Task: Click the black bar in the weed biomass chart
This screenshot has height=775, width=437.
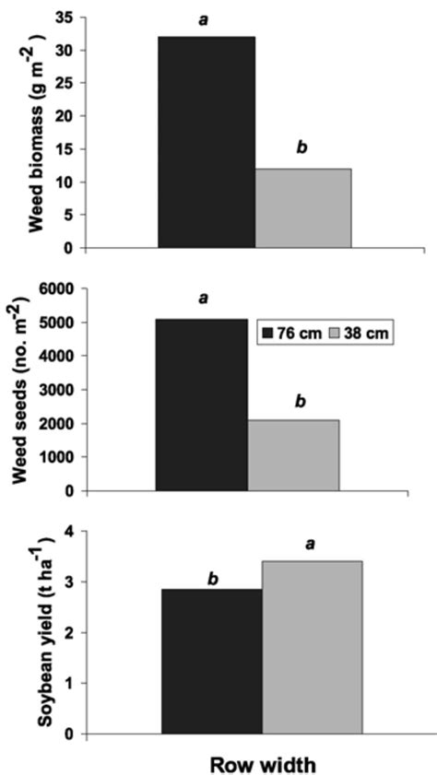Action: click(207, 142)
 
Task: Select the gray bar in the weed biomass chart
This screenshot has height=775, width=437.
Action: click(302, 208)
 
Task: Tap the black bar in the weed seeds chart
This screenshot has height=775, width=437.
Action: click(202, 405)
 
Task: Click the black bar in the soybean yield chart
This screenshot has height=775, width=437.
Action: click(212, 661)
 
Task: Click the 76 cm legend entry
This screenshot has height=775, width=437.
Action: click(293, 333)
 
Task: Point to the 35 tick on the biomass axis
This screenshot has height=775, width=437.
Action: click(63, 18)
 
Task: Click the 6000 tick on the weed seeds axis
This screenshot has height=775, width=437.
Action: click(54, 288)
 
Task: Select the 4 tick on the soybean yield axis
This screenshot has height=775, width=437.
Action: click(68, 530)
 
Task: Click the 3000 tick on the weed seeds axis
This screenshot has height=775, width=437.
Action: click(54, 389)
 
